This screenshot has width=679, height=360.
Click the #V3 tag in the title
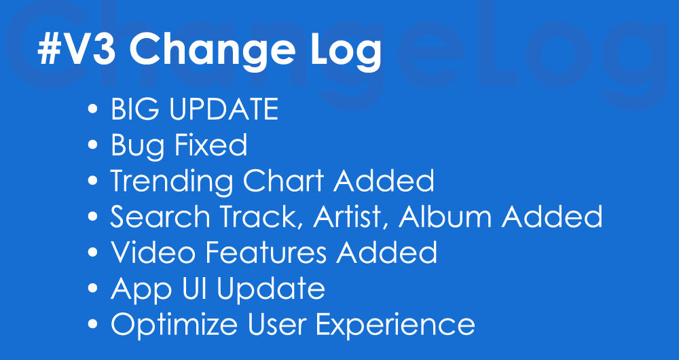pyautogui.click(x=77, y=49)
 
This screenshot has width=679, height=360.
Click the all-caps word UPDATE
pyautogui.click(x=223, y=109)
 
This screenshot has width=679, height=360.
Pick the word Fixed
pyautogui.click(x=210, y=145)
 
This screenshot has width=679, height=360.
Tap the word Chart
pyautogui.click(x=283, y=181)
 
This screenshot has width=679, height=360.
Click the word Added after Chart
pyautogui.click(x=384, y=181)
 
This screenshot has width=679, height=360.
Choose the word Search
pyautogui.click(x=160, y=216)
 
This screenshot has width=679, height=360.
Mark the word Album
pyautogui.click(x=445, y=216)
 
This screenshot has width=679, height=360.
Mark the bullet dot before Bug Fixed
pyautogui.click(x=92, y=145)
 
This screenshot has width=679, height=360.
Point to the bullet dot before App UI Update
pyautogui.click(x=92, y=287)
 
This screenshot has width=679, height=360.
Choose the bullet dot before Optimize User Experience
pyautogui.click(x=92, y=323)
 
